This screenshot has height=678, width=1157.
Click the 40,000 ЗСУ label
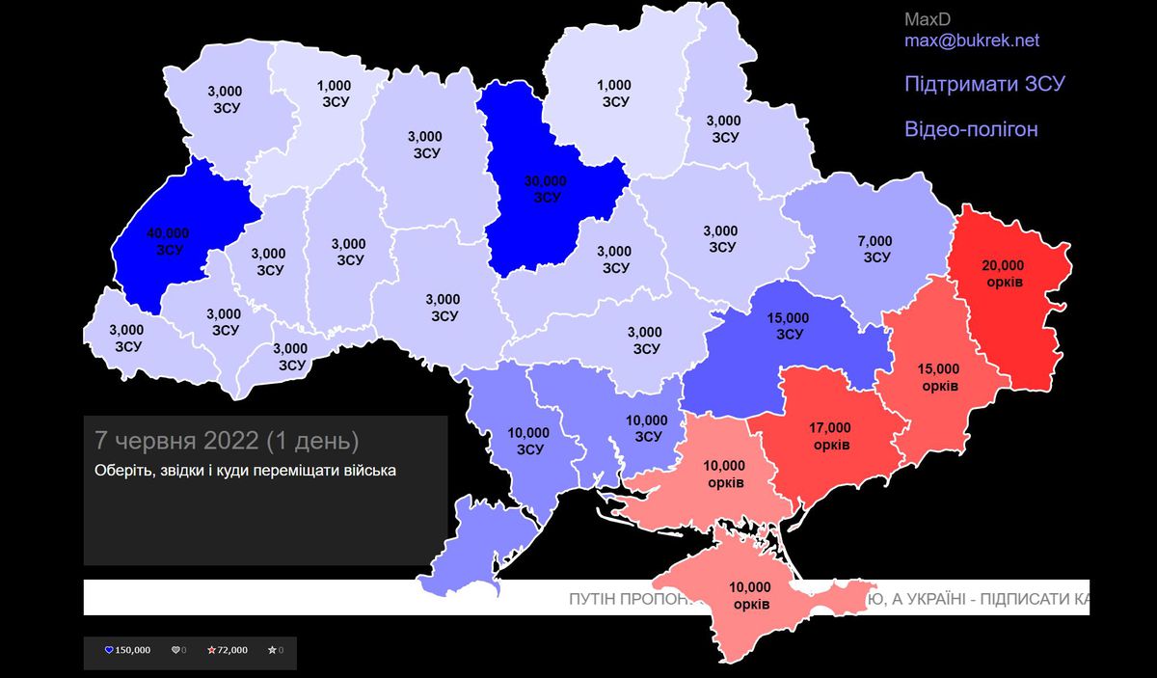168,240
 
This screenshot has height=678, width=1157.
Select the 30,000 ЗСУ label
546,189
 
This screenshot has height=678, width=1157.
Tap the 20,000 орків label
1004,274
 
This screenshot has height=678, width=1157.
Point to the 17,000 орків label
830,436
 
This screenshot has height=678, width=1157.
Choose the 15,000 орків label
939,377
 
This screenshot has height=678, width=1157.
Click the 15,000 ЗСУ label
789,327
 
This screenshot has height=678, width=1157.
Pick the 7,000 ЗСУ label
875,249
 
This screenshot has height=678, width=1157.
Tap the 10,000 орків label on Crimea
750,595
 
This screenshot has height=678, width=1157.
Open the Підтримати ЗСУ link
983,84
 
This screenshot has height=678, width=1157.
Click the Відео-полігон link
971,129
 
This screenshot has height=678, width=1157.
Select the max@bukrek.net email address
971,41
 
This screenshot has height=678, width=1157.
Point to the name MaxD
927,19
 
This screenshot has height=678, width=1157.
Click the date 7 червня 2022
176,441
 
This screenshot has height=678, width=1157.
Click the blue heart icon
109,650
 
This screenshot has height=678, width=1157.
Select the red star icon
211,650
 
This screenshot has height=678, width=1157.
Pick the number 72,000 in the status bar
233,650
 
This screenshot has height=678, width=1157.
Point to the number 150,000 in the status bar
133,650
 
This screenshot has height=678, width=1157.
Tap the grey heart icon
175,650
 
